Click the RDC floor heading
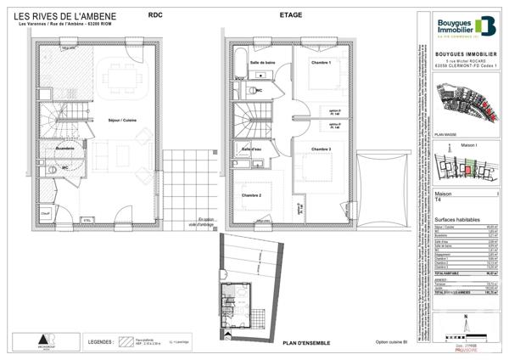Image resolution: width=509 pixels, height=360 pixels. click(x=155, y=15)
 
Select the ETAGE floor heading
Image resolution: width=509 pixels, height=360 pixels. click(x=292, y=15)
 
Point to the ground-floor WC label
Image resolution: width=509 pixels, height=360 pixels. click(x=64, y=166)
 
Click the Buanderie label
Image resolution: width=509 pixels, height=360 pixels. click(x=69, y=149)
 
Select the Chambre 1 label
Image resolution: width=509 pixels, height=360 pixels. click(x=320, y=63)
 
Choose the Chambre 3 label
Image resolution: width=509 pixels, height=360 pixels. click(x=320, y=149)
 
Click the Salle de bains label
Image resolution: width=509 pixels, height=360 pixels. click(x=262, y=63)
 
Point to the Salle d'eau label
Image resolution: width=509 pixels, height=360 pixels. click(x=252, y=149)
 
